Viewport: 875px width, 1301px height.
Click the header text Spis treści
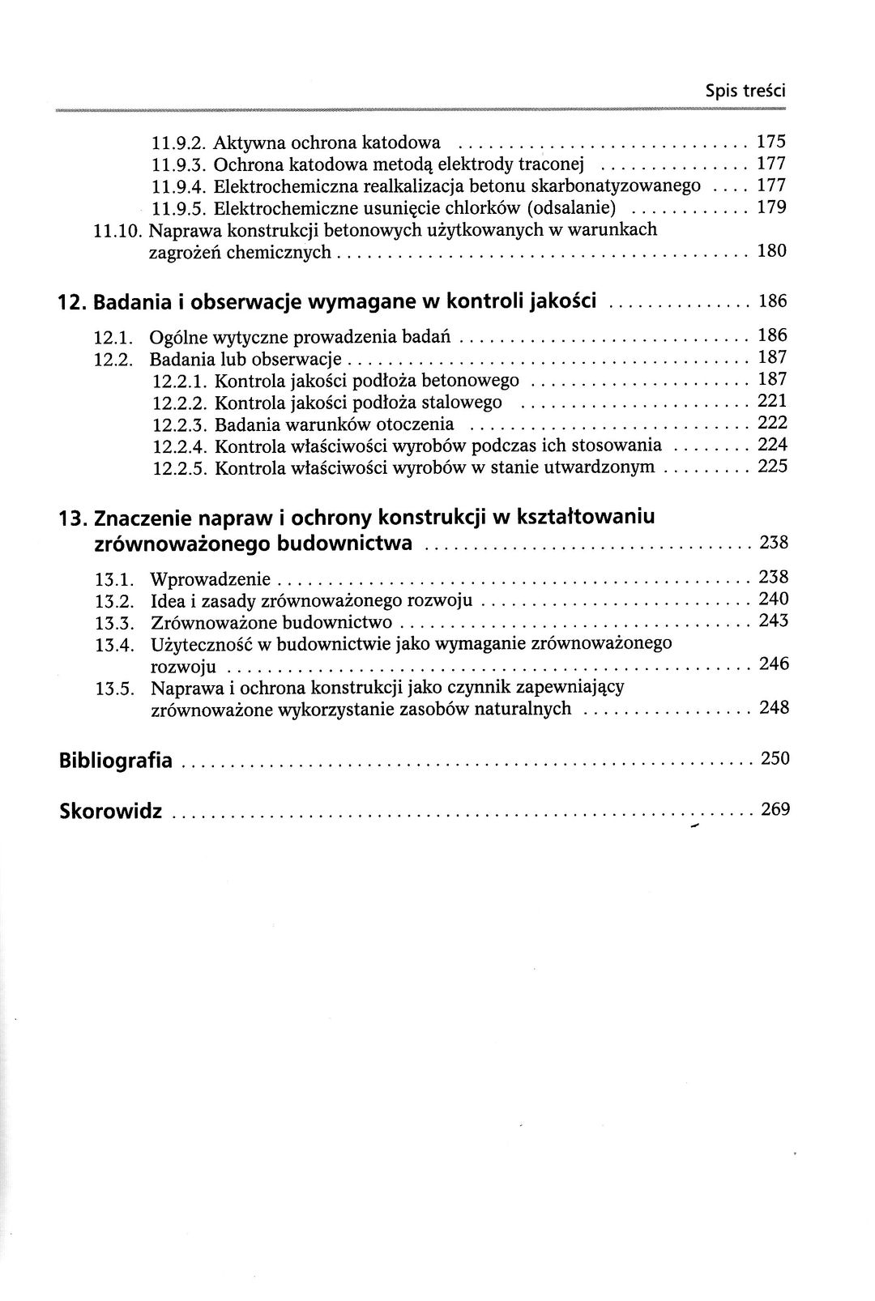coord(745,92)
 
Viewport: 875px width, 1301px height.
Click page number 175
coord(771,143)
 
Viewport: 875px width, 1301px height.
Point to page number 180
coord(771,251)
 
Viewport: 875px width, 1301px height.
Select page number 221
coord(772,401)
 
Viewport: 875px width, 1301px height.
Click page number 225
coord(772,467)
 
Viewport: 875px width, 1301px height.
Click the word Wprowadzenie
coord(212,580)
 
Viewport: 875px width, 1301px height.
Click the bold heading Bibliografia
coord(116,761)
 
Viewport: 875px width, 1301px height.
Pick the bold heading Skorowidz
coord(111,811)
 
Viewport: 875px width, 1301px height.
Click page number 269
coord(775,808)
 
